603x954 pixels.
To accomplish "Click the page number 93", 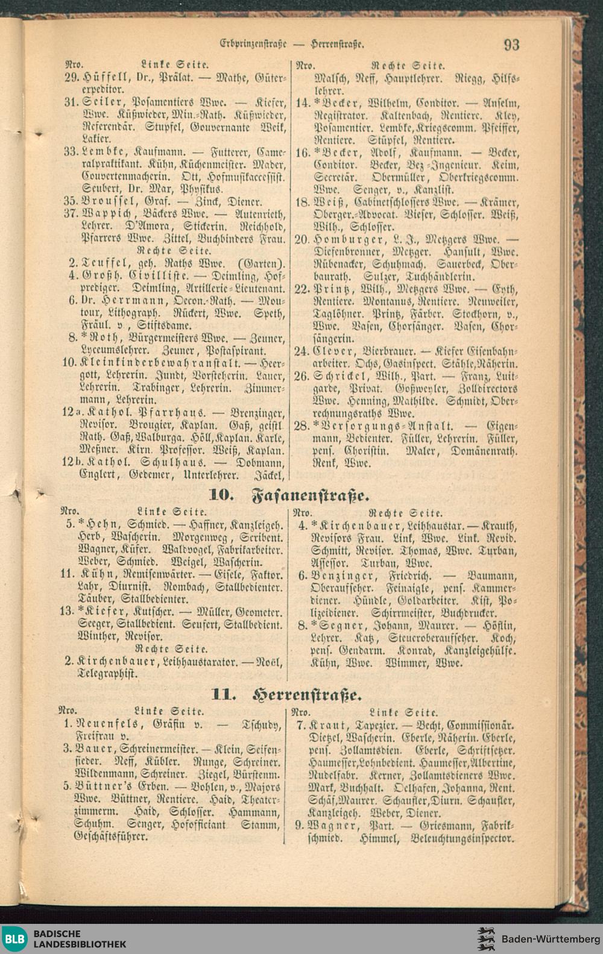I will click(511, 44).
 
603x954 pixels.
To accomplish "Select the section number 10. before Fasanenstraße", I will click(221, 495).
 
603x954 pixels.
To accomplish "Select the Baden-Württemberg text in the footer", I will click(551, 939).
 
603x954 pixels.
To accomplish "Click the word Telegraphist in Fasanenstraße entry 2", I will click(100, 674).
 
